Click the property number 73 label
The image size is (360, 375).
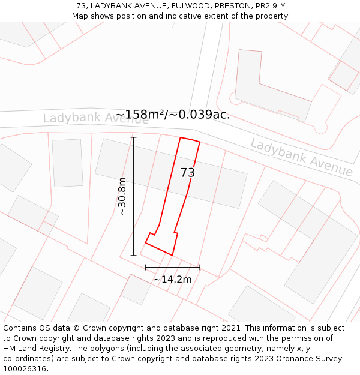tap(188, 173)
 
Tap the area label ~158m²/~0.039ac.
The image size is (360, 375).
tap(173, 114)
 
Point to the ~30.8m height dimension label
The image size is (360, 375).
tap(122, 196)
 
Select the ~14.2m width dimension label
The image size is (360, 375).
tap(173, 279)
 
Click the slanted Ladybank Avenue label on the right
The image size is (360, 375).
tap(301, 158)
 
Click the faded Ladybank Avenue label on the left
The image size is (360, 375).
tap(95, 118)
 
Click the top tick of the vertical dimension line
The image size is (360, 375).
tap(133, 137)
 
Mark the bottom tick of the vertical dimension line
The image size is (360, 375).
tap(133, 256)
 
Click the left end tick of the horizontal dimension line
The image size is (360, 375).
tap(145, 267)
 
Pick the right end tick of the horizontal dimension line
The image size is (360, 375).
tap(200, 267)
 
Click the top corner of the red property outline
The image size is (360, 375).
tap(181, 137)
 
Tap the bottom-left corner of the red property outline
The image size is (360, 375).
tap(145, 243)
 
